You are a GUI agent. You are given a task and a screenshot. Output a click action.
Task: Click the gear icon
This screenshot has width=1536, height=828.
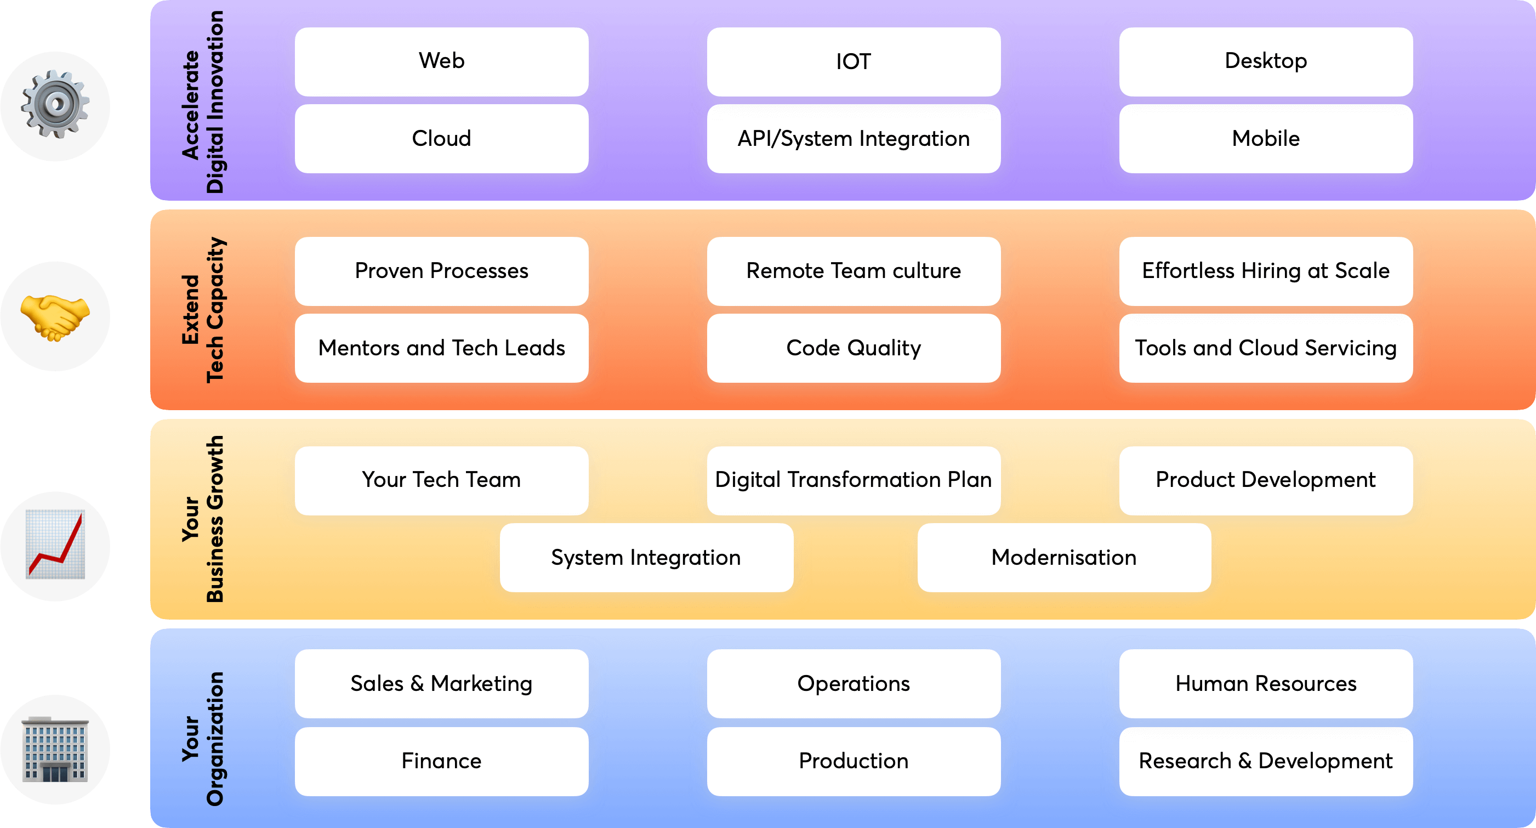(x=55, y=105)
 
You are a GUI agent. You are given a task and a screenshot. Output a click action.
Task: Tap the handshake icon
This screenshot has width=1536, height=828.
(x=55, y=316)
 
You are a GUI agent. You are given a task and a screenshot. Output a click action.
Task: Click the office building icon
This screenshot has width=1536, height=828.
(x=55, y=749)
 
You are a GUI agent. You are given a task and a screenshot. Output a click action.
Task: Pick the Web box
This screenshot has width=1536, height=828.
(x=441, y=61)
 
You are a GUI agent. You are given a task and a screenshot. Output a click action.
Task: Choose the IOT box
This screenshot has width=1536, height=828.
(x=854, y=61)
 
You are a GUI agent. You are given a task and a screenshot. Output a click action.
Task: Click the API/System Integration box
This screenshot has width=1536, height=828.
(x=854, y=138)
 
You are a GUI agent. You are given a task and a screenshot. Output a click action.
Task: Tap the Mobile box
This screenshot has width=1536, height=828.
(x=1265, y=138)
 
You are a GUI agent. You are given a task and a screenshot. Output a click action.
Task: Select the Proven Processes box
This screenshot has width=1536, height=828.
(x=441, y=271)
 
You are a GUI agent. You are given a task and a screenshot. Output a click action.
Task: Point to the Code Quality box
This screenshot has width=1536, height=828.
(x=854, y=348)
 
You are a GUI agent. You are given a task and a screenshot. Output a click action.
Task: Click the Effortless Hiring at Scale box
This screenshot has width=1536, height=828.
(x=1265, y=271)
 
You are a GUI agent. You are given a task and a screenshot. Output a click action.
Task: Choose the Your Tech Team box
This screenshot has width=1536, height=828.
(x=441, y=480)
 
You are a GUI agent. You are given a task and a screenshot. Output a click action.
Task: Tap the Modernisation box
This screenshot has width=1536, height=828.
(x=1064, y=557)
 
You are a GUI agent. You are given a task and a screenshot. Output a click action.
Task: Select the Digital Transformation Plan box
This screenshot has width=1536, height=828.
(x=854, y=480)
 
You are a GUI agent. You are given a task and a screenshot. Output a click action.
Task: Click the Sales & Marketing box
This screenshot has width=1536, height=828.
(x=441, y=684)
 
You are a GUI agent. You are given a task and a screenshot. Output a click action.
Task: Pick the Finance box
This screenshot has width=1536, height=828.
(x=441, y=761)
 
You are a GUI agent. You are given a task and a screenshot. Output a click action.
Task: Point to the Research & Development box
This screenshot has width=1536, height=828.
(x=1265, y=761)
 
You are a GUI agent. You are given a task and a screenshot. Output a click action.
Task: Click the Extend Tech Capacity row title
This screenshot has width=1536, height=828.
(x=203, y=310)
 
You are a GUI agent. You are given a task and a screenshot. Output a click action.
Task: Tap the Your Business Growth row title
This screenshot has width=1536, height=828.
(x=203, y=519)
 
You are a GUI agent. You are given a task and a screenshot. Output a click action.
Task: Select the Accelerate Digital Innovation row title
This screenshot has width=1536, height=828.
(x=203, y=101)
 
